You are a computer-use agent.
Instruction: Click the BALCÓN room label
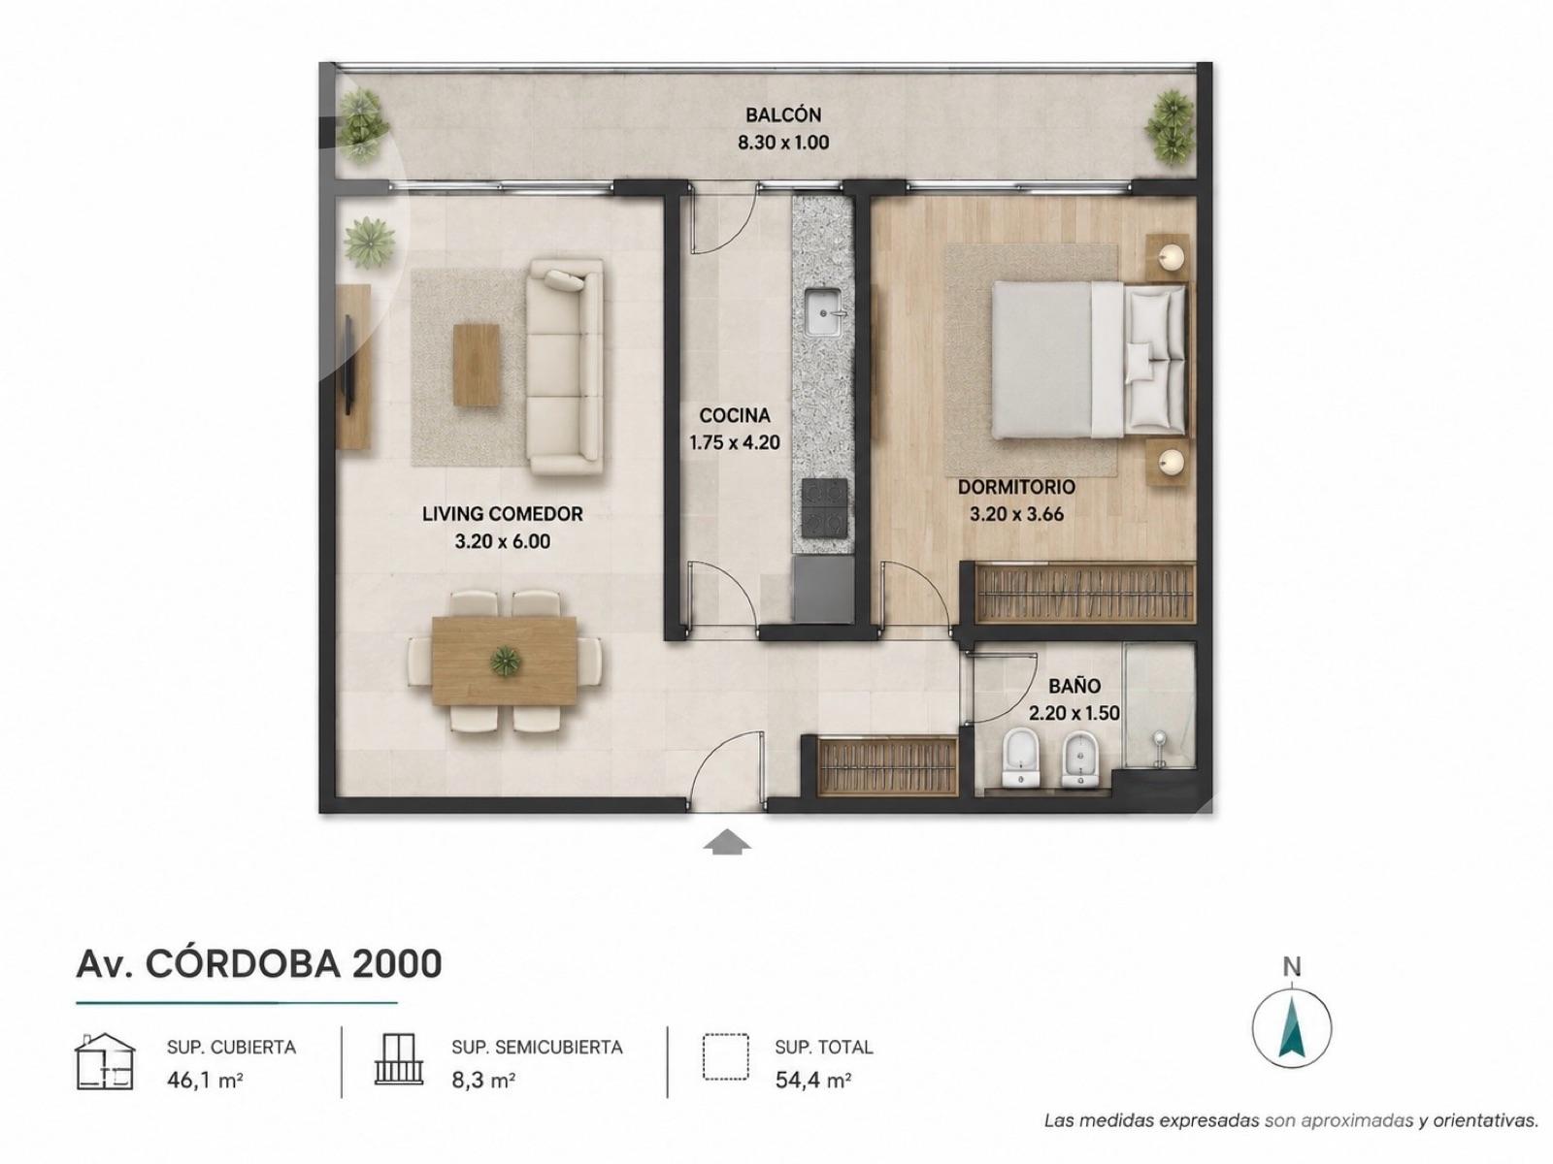tap(783, 114)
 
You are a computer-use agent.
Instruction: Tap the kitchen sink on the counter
tap(822, 311)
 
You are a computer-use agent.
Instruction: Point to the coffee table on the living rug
tap(477, 365)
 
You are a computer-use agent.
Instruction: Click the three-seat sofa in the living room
tap(566, 366)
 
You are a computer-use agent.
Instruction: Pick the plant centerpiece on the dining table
tap(506, 661)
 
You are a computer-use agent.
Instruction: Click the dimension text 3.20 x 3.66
tap(1016, 514)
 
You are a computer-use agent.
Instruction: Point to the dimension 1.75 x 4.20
tap(735, 443)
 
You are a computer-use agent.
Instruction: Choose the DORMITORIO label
tap(1016, 487)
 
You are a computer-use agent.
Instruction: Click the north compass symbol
tap(1292, 1026)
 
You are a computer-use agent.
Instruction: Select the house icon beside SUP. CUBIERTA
tap(105, 1061)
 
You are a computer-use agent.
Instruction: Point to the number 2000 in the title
tap(397, 964)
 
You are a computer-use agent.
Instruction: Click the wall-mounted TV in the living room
tap(348, 365)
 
